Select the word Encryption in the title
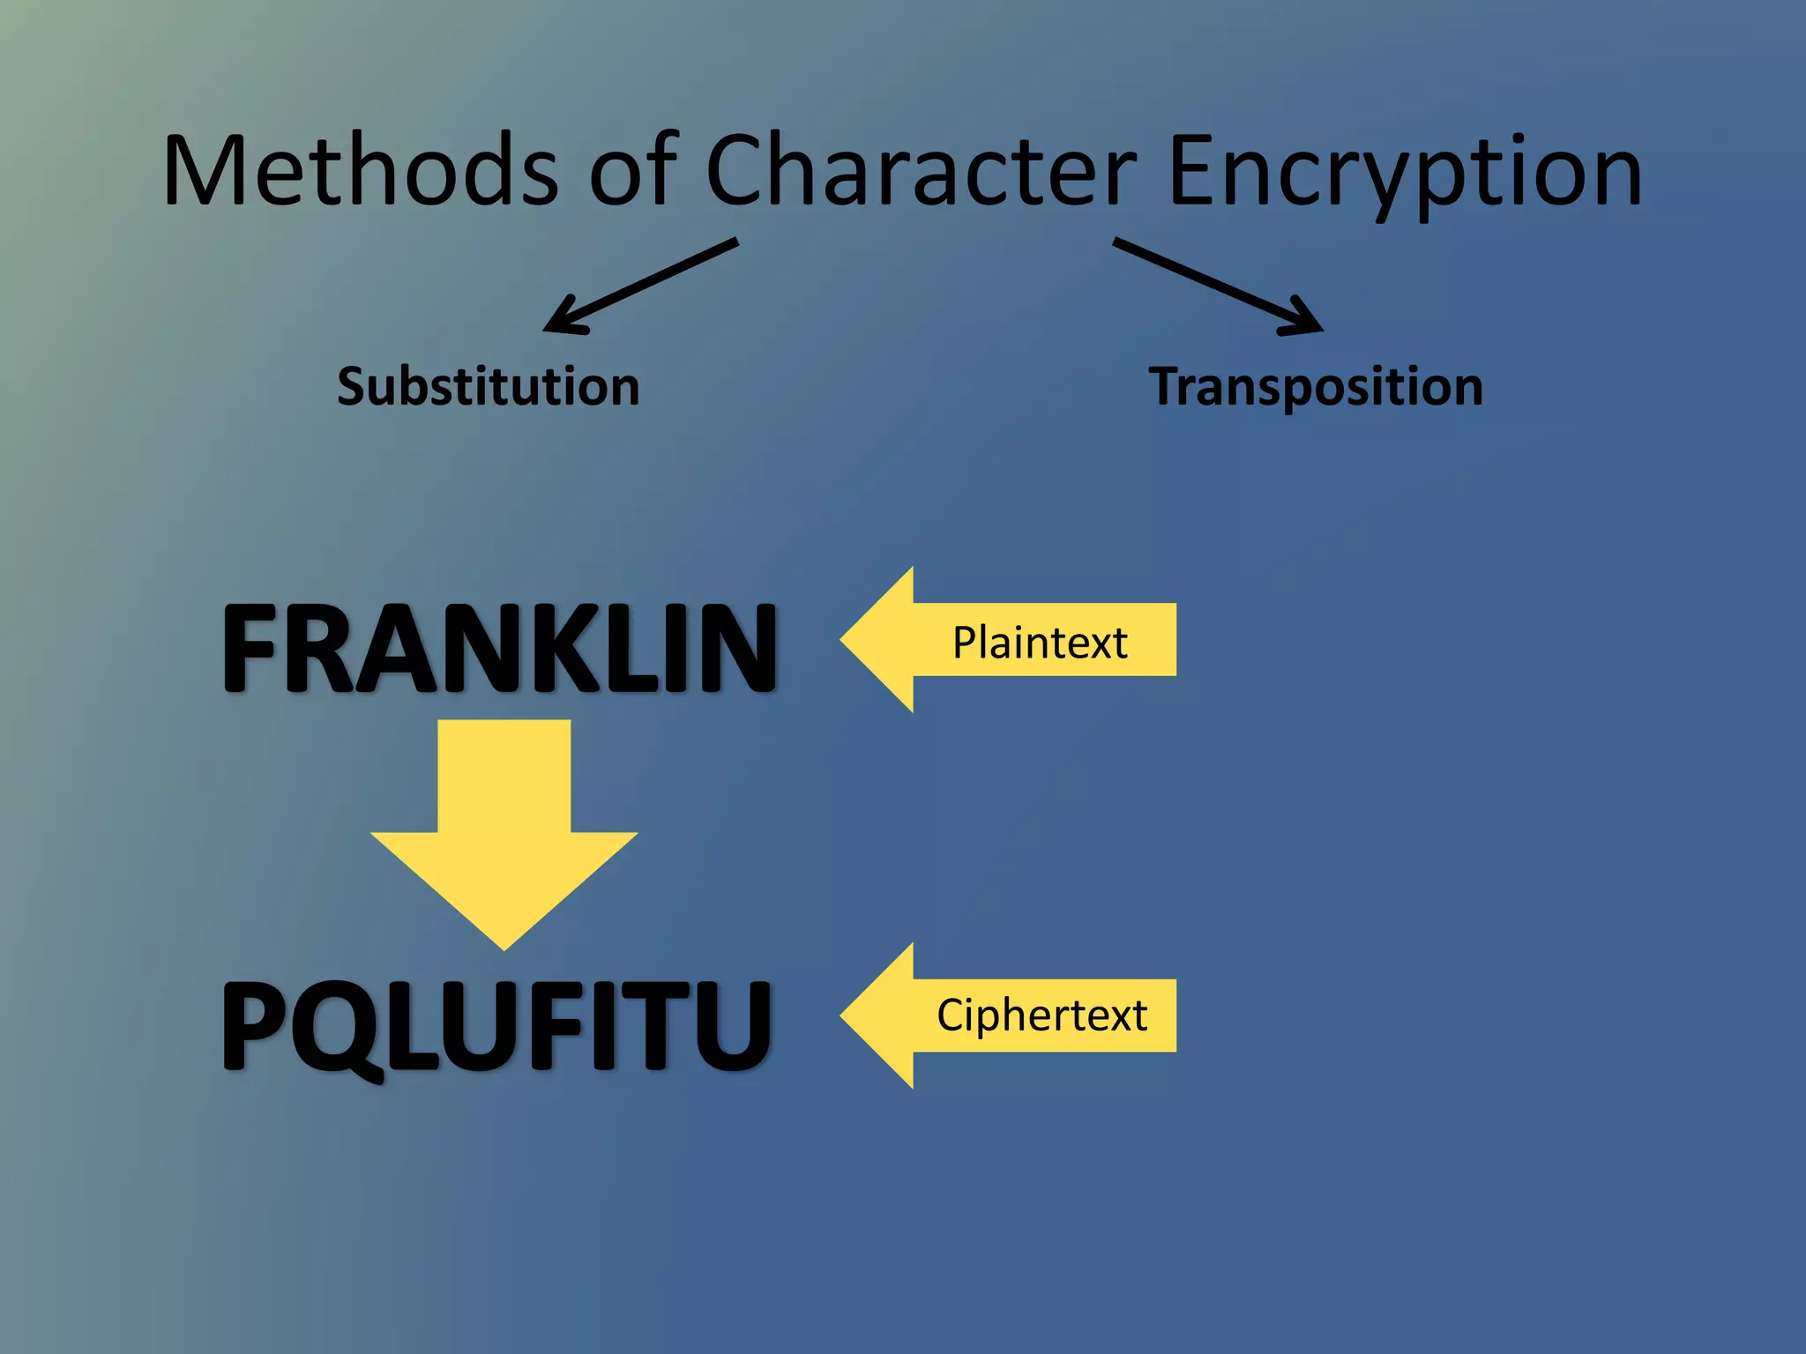pyautogui.click(x=1404, y=173)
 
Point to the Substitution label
pyautogui.click(x=488, y=387)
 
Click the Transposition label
pyautogui.click(x=1315, y=387)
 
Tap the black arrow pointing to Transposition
pyautogui.click(x=1217, y=285)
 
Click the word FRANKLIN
pyautogui.click(x=499, y=648)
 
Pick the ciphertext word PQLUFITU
pyautogui.click(x=496, y=1025)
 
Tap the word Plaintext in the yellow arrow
pyautogui.click(x=1039, y=642)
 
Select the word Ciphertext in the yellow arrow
pyautogui.click(x=1041, y=1015)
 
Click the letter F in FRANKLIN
pyautogui.click(x=252, y=648)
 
